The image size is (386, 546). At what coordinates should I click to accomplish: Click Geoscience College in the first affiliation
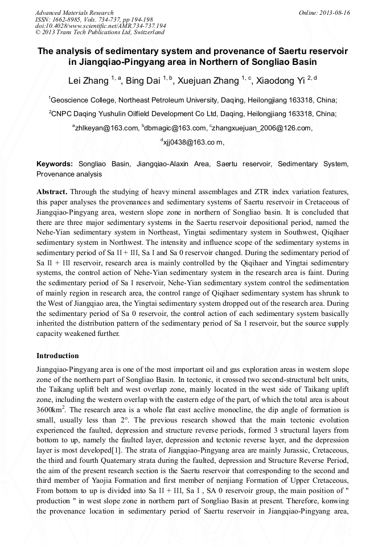click(x=79, y=99)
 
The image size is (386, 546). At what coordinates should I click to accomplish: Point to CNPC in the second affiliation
click(x=63, y=113)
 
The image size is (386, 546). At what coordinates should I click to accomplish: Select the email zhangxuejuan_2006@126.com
click(x=262, y=128)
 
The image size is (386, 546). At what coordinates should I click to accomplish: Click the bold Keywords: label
click(x=54, y=164)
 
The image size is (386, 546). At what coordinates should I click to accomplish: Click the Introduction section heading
click(x=58, y=356)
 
